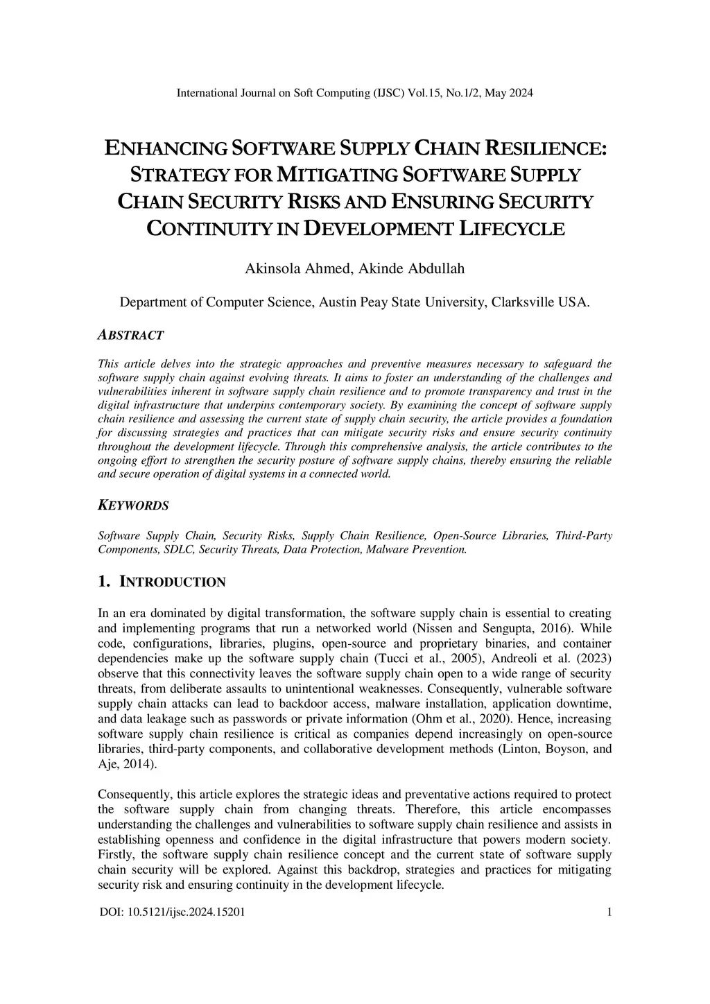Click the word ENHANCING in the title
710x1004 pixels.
[x=165, y=148]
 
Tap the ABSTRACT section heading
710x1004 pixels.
[x=131, y=336]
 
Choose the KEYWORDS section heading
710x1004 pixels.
[x=134, y=505]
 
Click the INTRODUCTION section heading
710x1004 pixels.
[x=173, y=582]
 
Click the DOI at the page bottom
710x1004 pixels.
[x=171, y=912]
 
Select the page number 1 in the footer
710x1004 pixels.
[x=609, y=912]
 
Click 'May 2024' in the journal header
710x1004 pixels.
[x=510, y=93]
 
